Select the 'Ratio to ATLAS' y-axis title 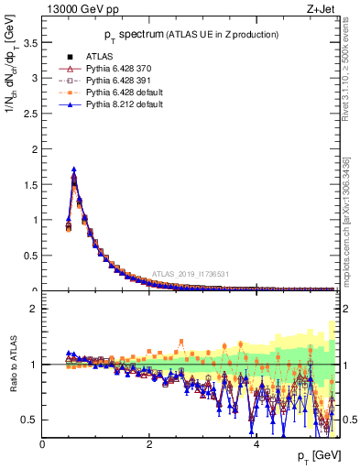[x=13, y=365]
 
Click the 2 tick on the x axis [x=149, y=446]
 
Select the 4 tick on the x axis [x=256, y=446]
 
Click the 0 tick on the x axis [x=42, y=446]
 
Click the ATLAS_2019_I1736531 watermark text [x=191, y=274]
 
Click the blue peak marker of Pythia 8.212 [x=73, y=169]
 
